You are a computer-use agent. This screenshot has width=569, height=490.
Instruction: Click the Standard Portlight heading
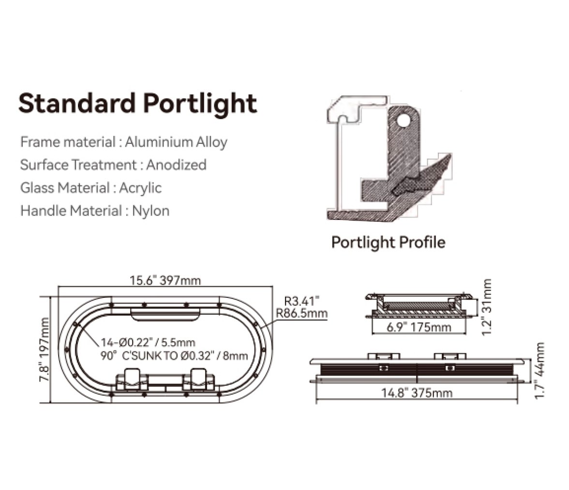pyautogui.click(x=137, y=104)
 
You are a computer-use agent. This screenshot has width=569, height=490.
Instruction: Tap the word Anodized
pyautogui.click(x=176, y=165)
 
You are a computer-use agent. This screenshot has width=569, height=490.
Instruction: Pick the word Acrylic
pyautogui.click(x=140, y=188)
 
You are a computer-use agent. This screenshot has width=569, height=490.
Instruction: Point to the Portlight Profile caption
pyautogui.click(x=388, y=242)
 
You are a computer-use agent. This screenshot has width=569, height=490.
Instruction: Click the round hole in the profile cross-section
pyautogui.click(x=403, y=120)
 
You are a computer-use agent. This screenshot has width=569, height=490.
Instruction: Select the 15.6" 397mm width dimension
pyautogui.click(x=165, y=280)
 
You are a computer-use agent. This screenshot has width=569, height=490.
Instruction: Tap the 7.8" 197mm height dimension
pyautogui.click(x=45, y=350)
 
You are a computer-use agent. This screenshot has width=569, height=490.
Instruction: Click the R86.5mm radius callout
pyautogui.click(x=301, y=313)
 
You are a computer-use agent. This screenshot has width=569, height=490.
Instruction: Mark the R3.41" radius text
pyautogui.click(x=302, y=301)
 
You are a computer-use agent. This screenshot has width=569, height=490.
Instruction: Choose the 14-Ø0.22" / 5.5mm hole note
pyautogui.click(x=148, y=342)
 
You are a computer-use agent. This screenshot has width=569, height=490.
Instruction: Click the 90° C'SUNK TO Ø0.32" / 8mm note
pyautogui.click(x=174, y=355)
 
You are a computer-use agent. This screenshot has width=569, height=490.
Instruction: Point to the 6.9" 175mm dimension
pyautogui.click(x=419, y=327)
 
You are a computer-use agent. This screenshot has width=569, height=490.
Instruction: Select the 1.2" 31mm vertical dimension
pyautogui.click(x=486, y=307)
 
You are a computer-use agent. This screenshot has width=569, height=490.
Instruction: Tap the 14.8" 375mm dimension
pyautogui.click(x=417, y=393)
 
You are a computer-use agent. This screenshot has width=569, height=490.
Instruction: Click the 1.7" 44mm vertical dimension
pyautogui.click(x=539, y=370)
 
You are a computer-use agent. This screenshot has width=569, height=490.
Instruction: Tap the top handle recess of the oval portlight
pyautogui.click(x=165, y=315)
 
